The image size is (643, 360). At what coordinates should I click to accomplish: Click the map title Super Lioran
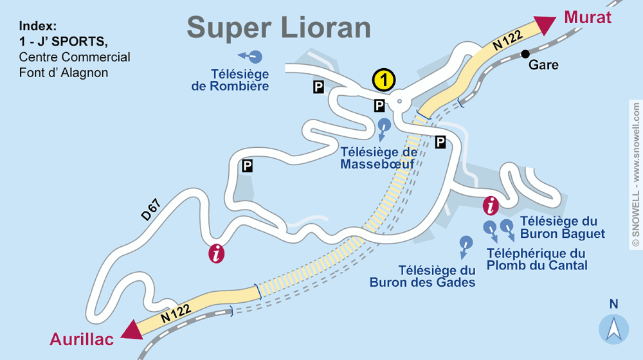tap(278, 28)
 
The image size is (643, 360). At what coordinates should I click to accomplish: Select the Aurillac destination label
tap(82, 339)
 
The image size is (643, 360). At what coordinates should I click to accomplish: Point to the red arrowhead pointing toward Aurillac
tap(132, 328)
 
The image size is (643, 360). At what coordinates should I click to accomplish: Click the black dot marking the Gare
tap(525, 53)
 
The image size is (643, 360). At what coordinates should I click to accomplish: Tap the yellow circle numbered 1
tap(384, 80)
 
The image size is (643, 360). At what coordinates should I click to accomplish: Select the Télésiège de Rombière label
tap(230, 80)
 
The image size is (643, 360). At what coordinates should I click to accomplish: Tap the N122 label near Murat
tap(507, 42)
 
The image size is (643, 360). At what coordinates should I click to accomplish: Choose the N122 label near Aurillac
tap(176, 312)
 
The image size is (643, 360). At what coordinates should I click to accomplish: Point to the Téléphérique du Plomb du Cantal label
tap(537, 259)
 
